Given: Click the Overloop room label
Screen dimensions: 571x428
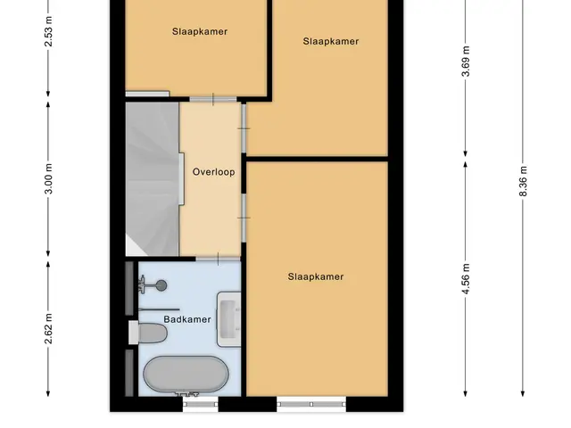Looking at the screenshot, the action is [x=213, y=172].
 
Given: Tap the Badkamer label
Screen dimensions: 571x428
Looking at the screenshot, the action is [x=187, y=319].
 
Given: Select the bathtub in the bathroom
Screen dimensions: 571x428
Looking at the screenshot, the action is [x=186, y=374].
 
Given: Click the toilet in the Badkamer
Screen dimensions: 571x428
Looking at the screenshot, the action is [x=148, y=333].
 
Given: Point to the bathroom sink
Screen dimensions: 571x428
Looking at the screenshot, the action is [x=229, y=319].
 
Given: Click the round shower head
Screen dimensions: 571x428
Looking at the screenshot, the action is [x=161, y=285].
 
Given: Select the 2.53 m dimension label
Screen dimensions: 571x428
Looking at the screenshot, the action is [x=48, y=32].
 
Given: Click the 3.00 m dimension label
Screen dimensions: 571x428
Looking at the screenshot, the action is [x=48, y=178].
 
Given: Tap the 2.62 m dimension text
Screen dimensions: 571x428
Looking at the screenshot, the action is [x=48, y=328].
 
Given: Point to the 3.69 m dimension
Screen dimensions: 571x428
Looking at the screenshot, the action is [x=466, y=62].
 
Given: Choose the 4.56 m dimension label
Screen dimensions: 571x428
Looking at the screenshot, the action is [x=466, y=278].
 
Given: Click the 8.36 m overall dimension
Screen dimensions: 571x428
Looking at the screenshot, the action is [x=523, y=181].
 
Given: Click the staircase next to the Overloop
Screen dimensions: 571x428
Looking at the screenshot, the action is [x=153, y=178].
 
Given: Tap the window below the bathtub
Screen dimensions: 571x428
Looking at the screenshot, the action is [x=200, y=404].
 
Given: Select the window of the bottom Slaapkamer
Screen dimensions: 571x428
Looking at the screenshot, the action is [x=311, y=404].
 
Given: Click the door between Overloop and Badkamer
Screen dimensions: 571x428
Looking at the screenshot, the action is [x=218, y=259].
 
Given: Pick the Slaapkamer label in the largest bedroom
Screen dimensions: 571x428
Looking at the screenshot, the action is [x=316, y=276].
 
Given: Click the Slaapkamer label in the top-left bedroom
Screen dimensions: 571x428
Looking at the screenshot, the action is [x=200, y=32].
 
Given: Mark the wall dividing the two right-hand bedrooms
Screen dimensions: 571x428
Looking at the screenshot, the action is [x=317, y=159].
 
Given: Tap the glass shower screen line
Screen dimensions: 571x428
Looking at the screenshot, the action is [x=159, y=309].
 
